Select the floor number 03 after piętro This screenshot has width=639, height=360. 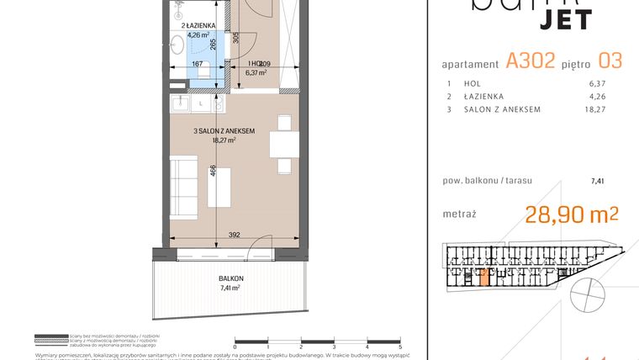608,61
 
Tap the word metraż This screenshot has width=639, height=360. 458,214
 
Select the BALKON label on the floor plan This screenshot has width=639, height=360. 230,278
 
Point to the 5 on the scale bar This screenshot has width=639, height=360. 400,347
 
